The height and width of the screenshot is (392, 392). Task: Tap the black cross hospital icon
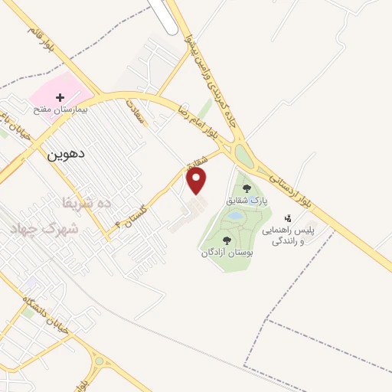60,97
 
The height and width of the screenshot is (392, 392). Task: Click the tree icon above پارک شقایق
246,188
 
